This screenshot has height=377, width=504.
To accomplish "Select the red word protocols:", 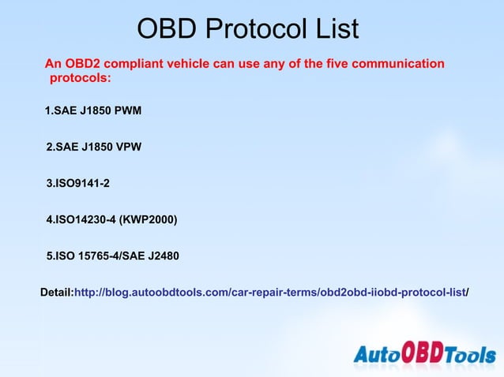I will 81,79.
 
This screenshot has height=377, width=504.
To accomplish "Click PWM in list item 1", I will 128,110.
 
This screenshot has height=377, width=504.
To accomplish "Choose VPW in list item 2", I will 128,147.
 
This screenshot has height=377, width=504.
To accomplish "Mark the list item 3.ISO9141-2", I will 77,184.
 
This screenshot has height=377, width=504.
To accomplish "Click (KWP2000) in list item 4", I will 148,219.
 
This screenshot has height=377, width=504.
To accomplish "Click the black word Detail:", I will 56,293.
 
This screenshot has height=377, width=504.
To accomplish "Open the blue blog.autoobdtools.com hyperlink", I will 269,293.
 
